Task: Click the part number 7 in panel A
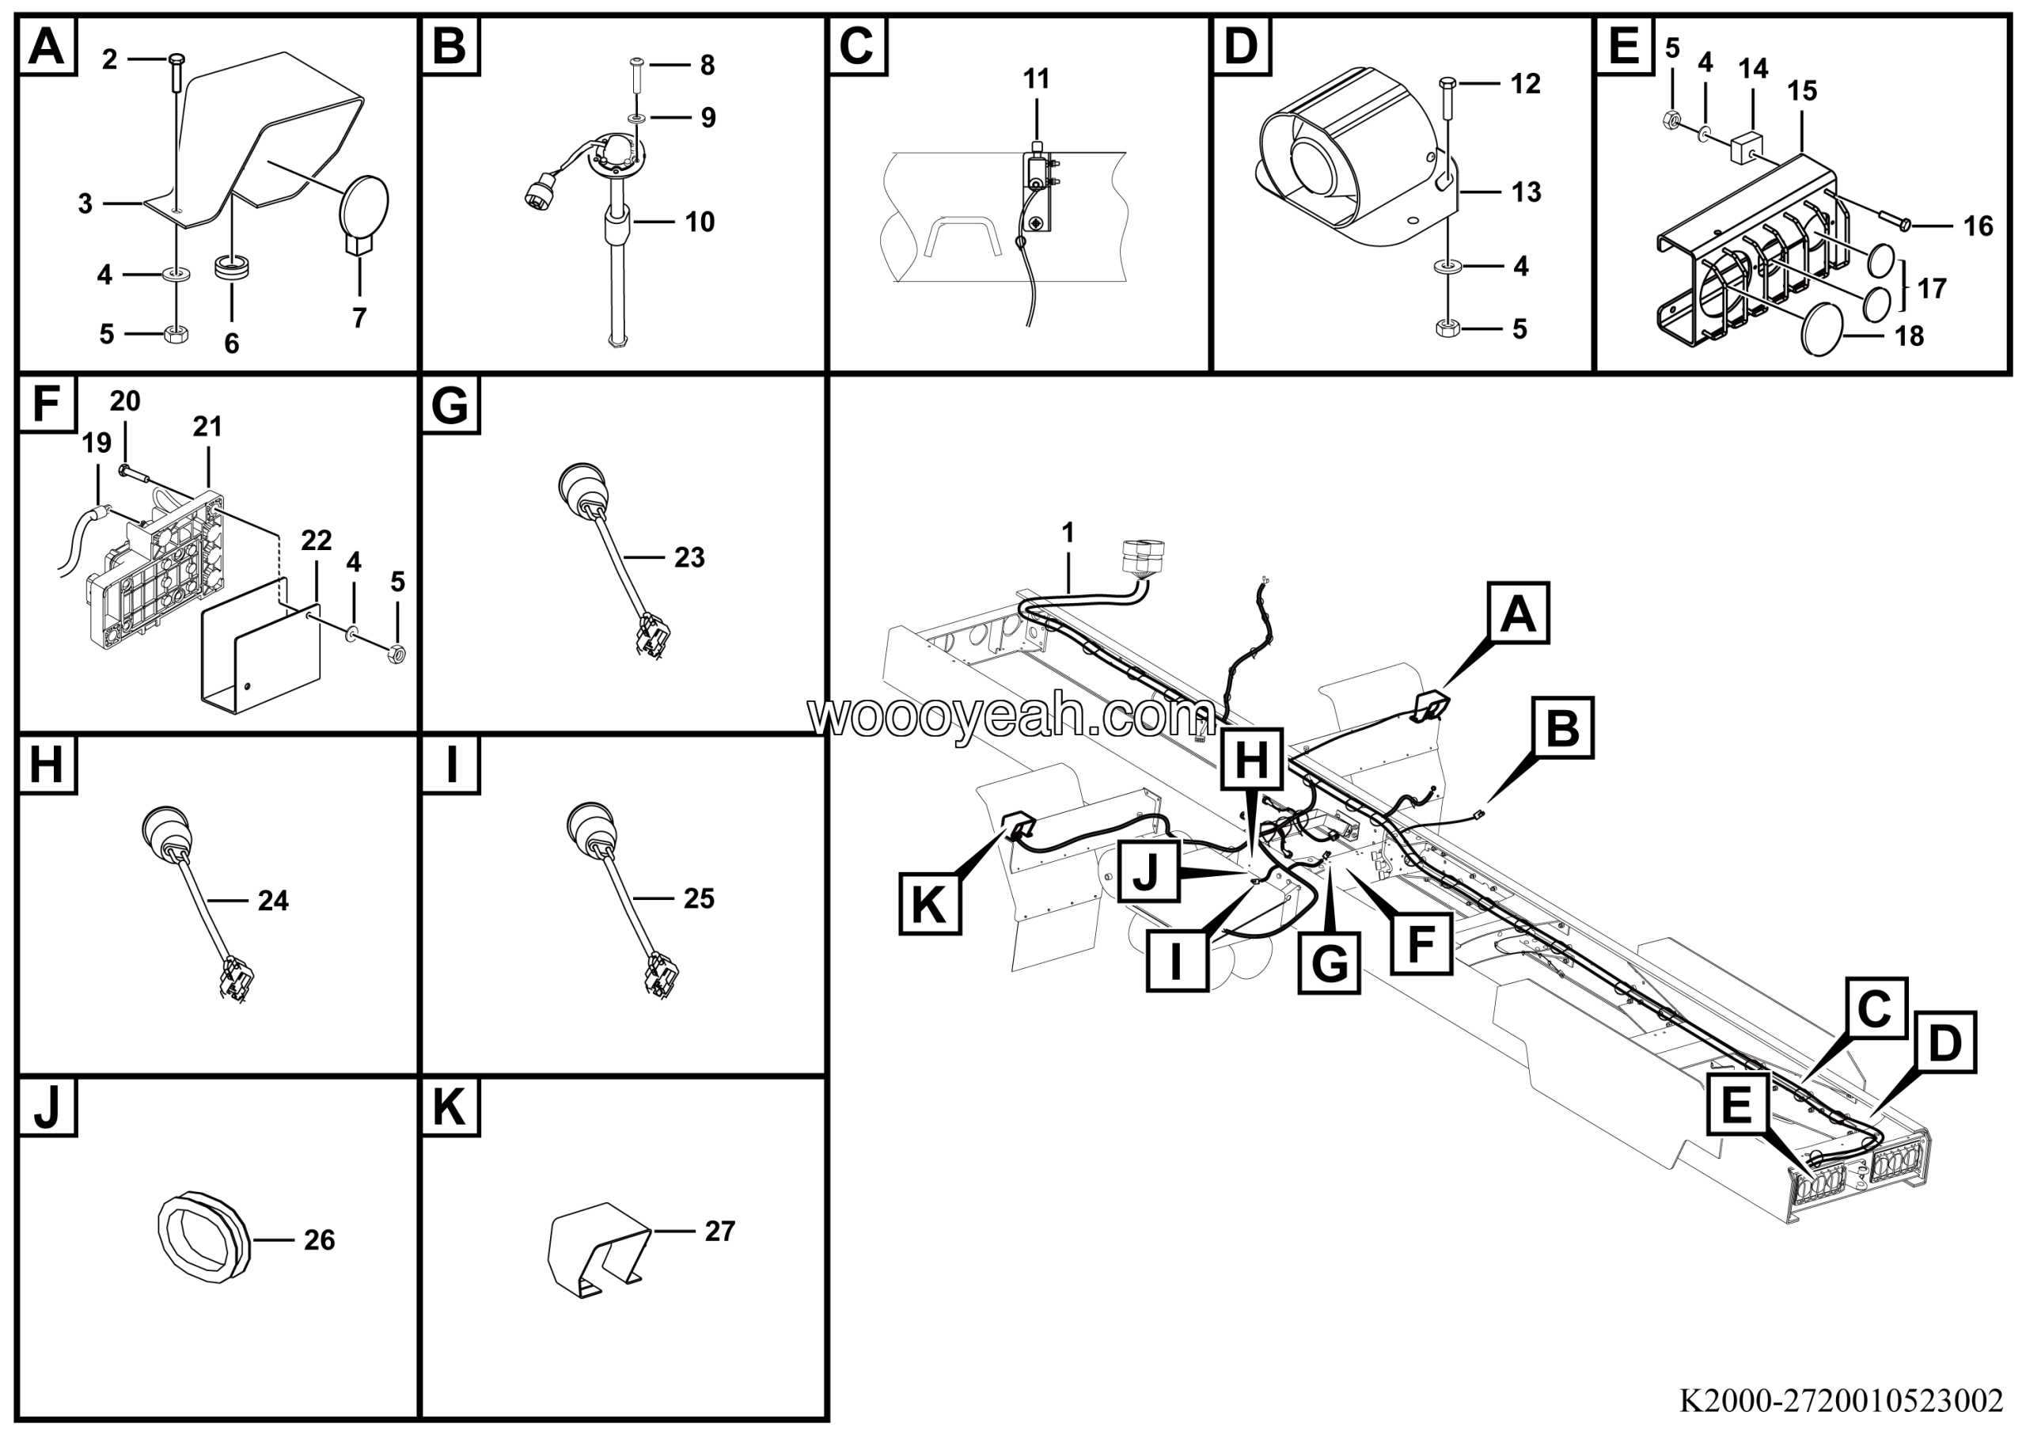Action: pos(359,317)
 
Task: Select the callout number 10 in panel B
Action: pos(700,222)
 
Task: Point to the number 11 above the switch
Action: pos(1036,79)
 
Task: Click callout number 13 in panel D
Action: pos(1526,192)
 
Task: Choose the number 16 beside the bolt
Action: pos(1978,226)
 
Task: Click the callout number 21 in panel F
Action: pos(207,427)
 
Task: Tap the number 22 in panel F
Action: pos(316,540)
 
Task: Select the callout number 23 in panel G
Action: pos(689,557)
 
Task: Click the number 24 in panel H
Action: pos(273,900)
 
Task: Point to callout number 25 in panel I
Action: pos(699,898)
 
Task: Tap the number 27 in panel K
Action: pos(719,1231)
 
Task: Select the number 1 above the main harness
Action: pos(1068,533)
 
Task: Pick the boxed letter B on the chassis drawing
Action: pos(1563,728)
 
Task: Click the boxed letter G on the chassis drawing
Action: pos(1329,963)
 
